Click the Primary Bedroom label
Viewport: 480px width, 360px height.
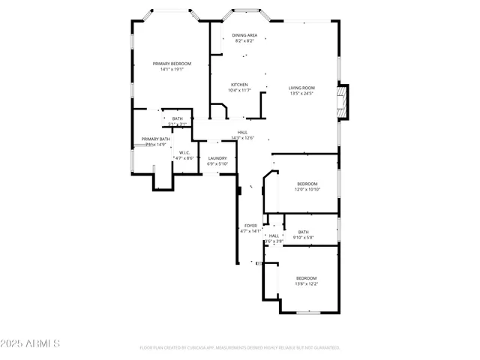click(169, 64)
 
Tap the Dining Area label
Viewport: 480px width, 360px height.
click(244, 35)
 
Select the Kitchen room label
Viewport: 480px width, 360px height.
click(239, 85)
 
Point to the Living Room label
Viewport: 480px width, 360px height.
click(301, 88)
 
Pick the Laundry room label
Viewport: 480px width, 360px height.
click(217, 158)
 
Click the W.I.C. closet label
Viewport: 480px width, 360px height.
click(184, 153)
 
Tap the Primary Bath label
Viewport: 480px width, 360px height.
click(155, 139)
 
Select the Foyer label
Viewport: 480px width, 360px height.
click(250, 226)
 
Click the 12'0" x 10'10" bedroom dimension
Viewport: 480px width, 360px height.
click(307, 190)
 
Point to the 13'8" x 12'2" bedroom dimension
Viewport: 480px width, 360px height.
click(306, 283)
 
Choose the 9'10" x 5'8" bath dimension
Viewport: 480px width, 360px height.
click(303, 238)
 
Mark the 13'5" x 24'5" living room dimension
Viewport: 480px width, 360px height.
click(301, 94)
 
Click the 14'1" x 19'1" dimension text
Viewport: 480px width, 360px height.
click(169, 70)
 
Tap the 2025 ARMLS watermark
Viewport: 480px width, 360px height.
click(31, 343)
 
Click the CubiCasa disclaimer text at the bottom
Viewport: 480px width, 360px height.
click(240, 348)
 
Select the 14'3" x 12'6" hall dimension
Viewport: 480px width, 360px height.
click(243, 138)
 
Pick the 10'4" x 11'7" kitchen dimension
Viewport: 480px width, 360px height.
click(239, 91)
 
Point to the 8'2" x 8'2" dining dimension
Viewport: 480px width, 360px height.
click(244, 41)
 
